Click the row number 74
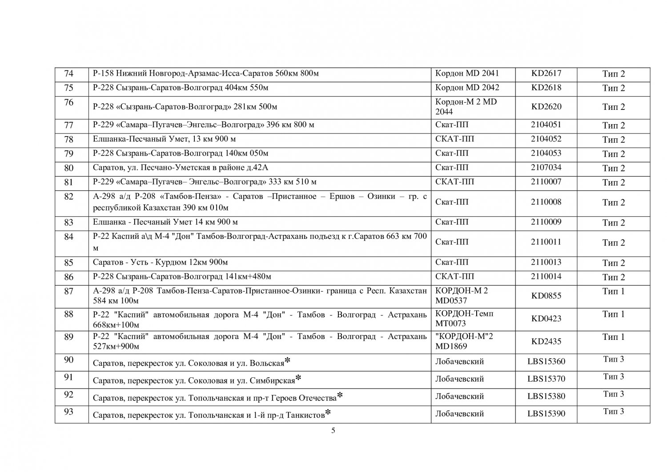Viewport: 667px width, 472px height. click(x=68, y=74)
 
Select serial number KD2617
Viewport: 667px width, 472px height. click(x=546, y=74)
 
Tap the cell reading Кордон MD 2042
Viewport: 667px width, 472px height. click(x=467, y=88)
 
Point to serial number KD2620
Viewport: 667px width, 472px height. click(x=546, y=107)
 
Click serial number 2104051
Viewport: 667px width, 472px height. click(x=546, y=125)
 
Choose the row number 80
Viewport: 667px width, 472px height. click(x=68, y=168)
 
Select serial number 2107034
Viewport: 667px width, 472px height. click(x=546, y=168)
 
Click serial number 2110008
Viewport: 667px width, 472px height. click(x=546, y=202)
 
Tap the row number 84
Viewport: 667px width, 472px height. click(x=68, y=237)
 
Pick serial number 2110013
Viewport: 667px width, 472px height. click(x=546, y=262)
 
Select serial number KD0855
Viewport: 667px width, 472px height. click(x=546, y=296)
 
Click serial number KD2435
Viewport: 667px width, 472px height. click(x=546, y=342)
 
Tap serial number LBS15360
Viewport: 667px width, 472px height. click(x=546, y=362)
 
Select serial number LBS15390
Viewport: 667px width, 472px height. click(x=546, y=414)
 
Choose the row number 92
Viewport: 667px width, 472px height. click(x=68, y=395)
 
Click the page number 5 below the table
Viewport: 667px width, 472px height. click(x=333, y=431)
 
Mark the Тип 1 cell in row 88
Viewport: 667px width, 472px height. click(x=613, y=315)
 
